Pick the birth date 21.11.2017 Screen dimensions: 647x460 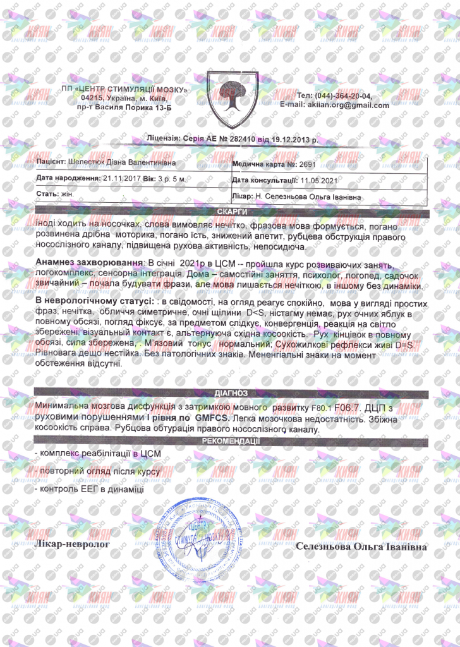click(121, 179)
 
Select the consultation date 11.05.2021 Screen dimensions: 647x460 click(320, 180)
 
